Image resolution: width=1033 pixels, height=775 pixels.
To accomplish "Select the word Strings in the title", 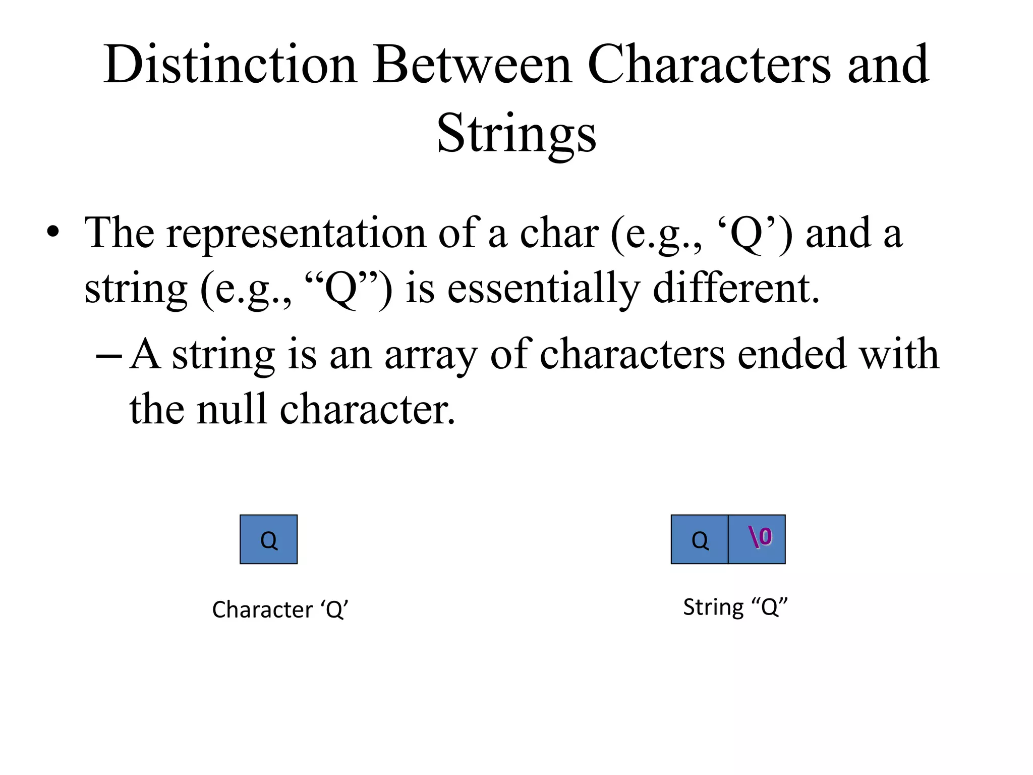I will tap(516, 133).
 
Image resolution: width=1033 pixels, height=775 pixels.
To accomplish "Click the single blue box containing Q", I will tap(268, 539).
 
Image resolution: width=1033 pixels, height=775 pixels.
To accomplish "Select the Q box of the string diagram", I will tap(700, 539).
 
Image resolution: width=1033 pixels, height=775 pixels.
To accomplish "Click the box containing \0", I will tap(757, 539).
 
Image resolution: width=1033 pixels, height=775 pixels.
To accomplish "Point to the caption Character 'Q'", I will tap(280, 610).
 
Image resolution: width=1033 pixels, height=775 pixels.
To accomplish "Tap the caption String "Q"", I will tap(735, 607).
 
